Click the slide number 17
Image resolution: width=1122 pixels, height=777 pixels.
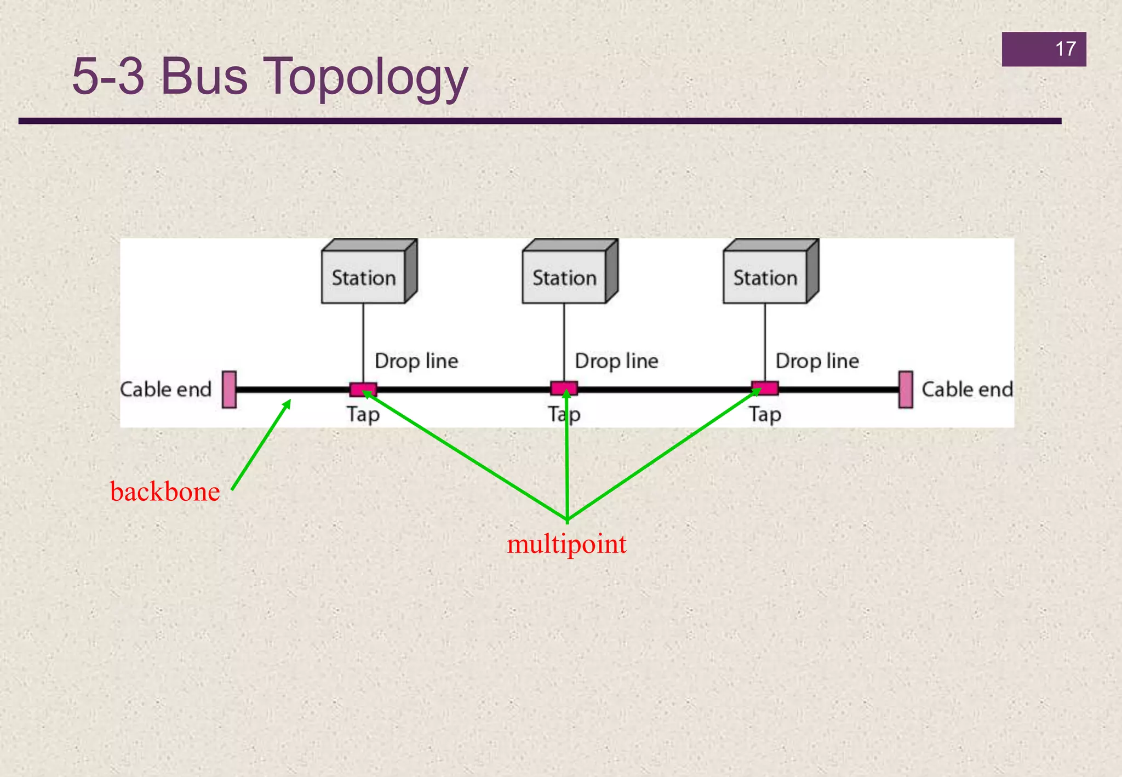(x=1065, y=49)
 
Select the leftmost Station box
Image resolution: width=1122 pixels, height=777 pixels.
(x=364, y=277)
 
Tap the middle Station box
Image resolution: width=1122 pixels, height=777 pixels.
(x=564, y=277)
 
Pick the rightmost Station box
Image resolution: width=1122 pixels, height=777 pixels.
(x=765, y=277)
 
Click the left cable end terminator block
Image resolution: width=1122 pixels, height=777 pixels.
(x=230, y=390)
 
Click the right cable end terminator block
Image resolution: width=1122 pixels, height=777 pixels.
(x=906, y=390)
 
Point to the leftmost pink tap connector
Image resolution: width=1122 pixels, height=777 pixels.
(x=363, y=389)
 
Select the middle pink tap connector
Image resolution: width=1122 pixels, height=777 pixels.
(x=564, y=388)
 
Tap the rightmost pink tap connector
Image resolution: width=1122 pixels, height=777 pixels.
(x=765, y=388)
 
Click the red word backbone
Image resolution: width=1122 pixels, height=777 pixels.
(x=165, y=492)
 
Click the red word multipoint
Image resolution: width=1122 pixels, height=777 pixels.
(x=566, y=544)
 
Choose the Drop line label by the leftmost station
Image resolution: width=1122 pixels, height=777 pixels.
(x=416, y=361)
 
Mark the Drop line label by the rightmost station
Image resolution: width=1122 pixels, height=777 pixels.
(x=817, y=361)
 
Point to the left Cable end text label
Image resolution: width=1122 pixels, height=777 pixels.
(x=166, y=390)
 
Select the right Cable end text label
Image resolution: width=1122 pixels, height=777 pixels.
(x=967, y=390)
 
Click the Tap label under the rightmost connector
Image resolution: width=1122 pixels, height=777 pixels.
(x=765, y=415)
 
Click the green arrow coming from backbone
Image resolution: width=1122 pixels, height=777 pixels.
(x=261, y=445)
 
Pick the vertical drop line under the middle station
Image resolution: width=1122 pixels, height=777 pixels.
(x=564, y=342)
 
